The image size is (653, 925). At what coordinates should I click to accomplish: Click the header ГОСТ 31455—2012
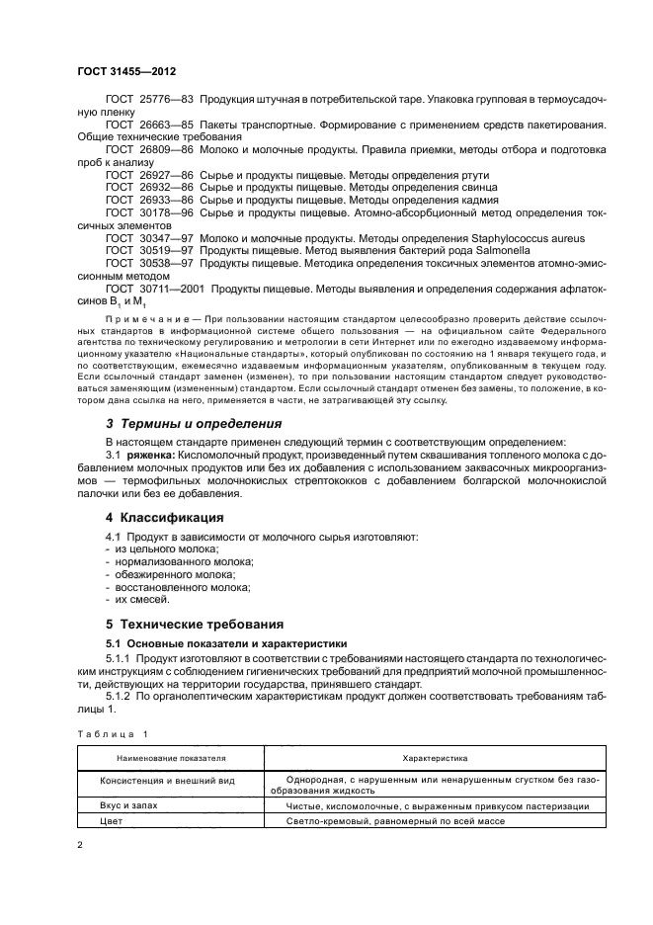127,72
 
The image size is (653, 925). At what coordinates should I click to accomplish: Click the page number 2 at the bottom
80,845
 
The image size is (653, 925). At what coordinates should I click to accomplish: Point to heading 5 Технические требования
195,625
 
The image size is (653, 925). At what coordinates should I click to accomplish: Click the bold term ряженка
150,456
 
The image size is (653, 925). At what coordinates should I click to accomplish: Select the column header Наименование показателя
171,758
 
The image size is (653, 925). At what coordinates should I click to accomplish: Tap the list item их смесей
142,599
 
